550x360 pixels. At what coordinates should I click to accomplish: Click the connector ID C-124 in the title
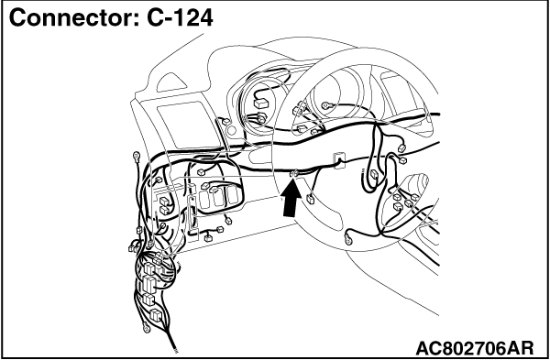pos(180,18)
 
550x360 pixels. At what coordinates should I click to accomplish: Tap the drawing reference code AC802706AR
pos(475,348)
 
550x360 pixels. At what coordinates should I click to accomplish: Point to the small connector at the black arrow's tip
pos(294,173)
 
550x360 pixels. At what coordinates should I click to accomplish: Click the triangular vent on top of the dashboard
pos(171,82)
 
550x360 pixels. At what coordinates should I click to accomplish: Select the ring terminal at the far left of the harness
pos(137,156)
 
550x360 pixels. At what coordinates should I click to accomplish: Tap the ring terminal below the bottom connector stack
pos(147,329)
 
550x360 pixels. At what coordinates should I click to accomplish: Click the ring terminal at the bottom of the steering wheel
pos(348,240)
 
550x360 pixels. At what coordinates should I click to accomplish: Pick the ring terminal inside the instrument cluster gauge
pos(325,104)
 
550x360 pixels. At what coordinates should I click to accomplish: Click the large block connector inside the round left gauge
pos(260,104)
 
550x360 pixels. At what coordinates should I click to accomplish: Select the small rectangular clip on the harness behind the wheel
pos(339,160)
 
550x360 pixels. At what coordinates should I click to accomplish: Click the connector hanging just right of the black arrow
pos(311,199)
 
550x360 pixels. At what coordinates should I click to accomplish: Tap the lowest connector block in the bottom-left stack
pos(155,314)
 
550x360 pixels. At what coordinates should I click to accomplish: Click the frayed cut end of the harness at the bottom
pos(174,348)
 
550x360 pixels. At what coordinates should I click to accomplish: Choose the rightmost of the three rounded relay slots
pos(232,196)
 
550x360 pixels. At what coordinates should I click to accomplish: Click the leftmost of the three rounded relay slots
pos(204,199)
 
